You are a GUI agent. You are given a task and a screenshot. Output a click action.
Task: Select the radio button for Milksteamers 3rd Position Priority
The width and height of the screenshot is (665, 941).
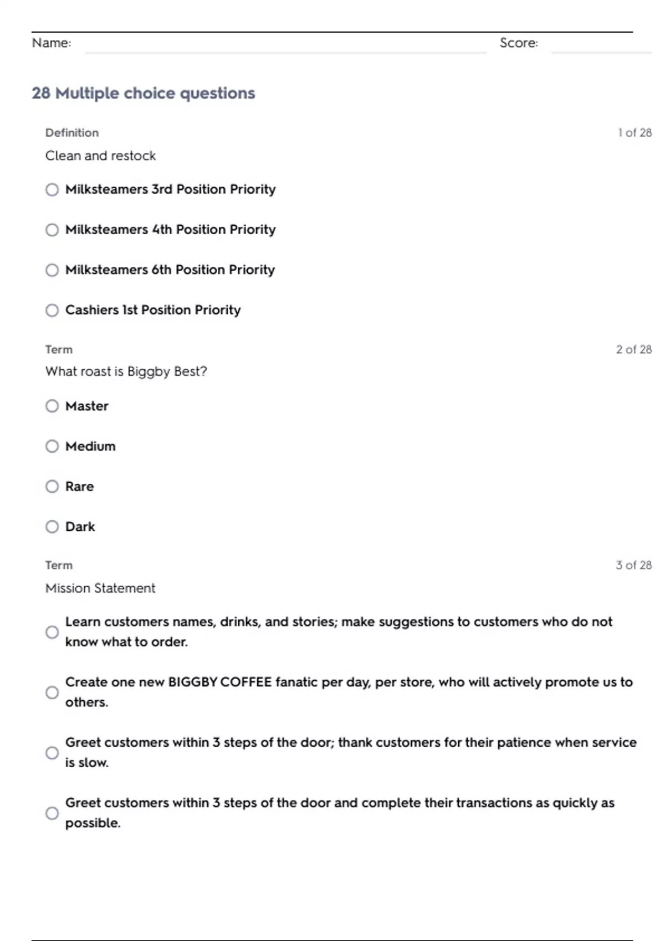pyautogui.click(x=52, y=190)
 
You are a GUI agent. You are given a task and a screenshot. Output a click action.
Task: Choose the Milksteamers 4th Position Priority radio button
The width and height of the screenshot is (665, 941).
pyautogui.click(x=52, y=230)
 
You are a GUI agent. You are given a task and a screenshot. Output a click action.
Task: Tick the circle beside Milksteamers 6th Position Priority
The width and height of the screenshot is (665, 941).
pyautogui.click(x=52, y=270)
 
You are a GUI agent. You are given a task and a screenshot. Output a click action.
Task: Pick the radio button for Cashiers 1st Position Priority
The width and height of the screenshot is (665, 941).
pyautogui.click(x=52, y=311)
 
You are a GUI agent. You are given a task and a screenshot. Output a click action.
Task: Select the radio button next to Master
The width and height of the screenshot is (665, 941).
pyautogui.click(x=52, y=406)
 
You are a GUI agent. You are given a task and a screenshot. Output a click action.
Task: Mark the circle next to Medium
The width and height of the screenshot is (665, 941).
pyautogui.click(x=52, y=446)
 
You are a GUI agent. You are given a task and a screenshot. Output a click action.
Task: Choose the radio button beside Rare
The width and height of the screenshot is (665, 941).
pyautogui.click(x=52, y=487)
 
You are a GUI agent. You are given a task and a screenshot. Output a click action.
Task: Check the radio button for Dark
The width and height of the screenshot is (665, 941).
pyautogui.click(x=52, y=526)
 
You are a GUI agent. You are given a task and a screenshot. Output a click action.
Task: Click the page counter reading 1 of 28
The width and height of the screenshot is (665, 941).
pyautogui.click(x=635, y=133)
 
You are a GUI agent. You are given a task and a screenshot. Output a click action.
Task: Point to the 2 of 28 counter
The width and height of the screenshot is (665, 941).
pyautogui.click(x=634, y=349)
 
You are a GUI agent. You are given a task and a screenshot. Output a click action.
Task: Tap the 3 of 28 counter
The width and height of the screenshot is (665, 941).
pyautogui.click(x=634, y=565)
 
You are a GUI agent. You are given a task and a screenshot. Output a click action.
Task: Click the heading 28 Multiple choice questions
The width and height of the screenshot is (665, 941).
pyautogui.click(x=144, y=93)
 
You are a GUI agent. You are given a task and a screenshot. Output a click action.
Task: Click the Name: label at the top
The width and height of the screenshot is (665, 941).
pyautogui.click(x=52, y=43)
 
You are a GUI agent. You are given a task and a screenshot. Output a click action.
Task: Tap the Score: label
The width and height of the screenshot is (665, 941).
pyautogui.click(x=519, y=43)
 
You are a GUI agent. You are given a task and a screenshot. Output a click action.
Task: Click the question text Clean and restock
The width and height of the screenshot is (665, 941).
pyautogui.click(x=100, y=156)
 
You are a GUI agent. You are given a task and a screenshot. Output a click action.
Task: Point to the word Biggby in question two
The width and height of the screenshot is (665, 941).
pyautogui.click(x=149, y=371)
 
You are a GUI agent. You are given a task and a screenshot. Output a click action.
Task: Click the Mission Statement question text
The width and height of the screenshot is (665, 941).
pyautogui.click(x=100, y=588)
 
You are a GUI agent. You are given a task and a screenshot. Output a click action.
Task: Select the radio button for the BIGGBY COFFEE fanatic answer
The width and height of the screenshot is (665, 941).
pyautogui.click(x=52, y=692)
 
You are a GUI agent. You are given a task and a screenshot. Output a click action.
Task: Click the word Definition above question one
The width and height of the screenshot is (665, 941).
pyautogui.click(x=72, y=133)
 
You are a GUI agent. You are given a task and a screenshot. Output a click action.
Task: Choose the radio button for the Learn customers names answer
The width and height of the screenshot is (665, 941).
pyautogui.click(x=52, y=632)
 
